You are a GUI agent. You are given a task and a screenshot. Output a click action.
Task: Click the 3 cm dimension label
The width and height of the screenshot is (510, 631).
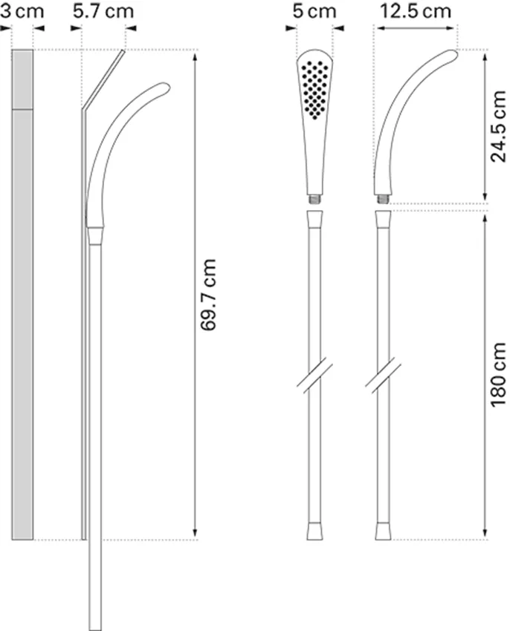(22, 10)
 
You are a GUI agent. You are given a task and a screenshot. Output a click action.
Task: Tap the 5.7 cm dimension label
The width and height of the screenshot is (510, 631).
(103, 10)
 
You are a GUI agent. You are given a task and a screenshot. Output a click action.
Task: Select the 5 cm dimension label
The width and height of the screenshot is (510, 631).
(314, 11)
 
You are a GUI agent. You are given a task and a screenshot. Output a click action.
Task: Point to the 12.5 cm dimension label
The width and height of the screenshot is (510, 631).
(416, 11)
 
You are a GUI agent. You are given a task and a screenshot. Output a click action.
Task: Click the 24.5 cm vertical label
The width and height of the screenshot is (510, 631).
(498, 126)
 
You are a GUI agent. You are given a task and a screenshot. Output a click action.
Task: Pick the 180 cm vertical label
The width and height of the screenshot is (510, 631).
(498, 375)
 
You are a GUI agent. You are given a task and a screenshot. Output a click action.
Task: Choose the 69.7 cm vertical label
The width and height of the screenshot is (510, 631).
(208, 295)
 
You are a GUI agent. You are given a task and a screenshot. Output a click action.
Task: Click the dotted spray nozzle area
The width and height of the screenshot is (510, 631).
(315, 89)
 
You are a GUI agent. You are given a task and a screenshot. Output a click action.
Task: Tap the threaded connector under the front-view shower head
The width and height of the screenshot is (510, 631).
(315, 199)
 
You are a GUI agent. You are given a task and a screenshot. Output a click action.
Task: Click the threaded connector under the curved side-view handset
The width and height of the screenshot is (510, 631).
(383, 199)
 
